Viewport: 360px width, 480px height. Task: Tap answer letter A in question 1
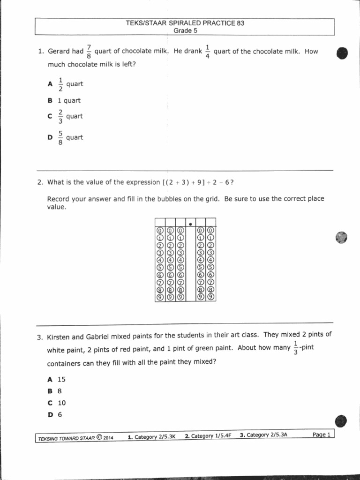tap(50, 84)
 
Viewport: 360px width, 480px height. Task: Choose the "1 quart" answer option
tap(69, 100)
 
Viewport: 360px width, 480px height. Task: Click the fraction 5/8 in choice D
tap(60, 138)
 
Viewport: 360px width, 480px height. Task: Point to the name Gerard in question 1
tap(60, 52)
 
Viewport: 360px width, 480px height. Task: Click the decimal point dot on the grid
tap(190, 224)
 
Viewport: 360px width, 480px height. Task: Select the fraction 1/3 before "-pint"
tap(295, 348)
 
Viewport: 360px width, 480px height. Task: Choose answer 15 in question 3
tap(61, 379)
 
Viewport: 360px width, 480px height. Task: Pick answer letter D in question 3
tap(50, 414)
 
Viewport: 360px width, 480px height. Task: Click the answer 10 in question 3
tap(61, 403)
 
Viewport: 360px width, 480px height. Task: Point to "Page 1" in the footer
tap(322, 435)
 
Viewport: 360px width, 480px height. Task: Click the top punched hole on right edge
tap(342, 53)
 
